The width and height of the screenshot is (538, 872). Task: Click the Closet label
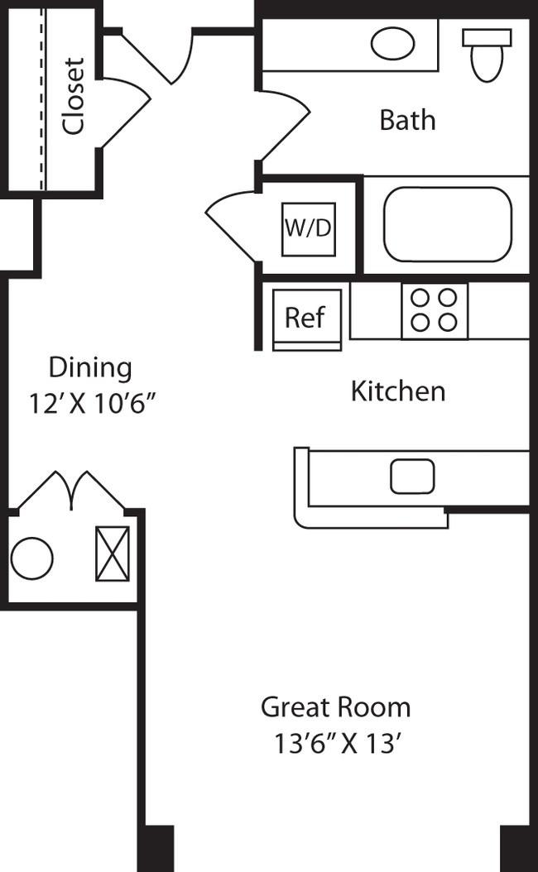click(x=74, y=95)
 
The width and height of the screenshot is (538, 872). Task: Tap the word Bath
click(x=407, y=120)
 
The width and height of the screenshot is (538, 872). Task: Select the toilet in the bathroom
click(x=486, y=54)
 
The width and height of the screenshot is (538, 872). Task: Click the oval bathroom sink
click(x=392, y=44)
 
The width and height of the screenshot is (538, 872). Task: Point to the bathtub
click(x=448, y=224)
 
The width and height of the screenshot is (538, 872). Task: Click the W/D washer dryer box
click(x=309, y=228)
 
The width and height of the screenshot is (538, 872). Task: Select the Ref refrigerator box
click(x=305, y=318)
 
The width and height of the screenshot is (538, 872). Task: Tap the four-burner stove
click(x=435, y=310)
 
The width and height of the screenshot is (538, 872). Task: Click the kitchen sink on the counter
click(x=412, y=476)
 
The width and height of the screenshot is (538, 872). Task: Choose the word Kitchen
click(x=398, y=390)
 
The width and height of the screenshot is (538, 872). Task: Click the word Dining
click(x=90, y=367)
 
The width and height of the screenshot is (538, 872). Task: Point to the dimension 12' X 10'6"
click(x=93, y=404)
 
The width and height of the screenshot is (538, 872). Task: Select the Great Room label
click(x=335, y=707)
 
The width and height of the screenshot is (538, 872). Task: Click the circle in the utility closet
click(x=32, y=558)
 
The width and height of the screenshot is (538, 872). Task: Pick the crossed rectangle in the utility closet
click(x=112, y=553)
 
